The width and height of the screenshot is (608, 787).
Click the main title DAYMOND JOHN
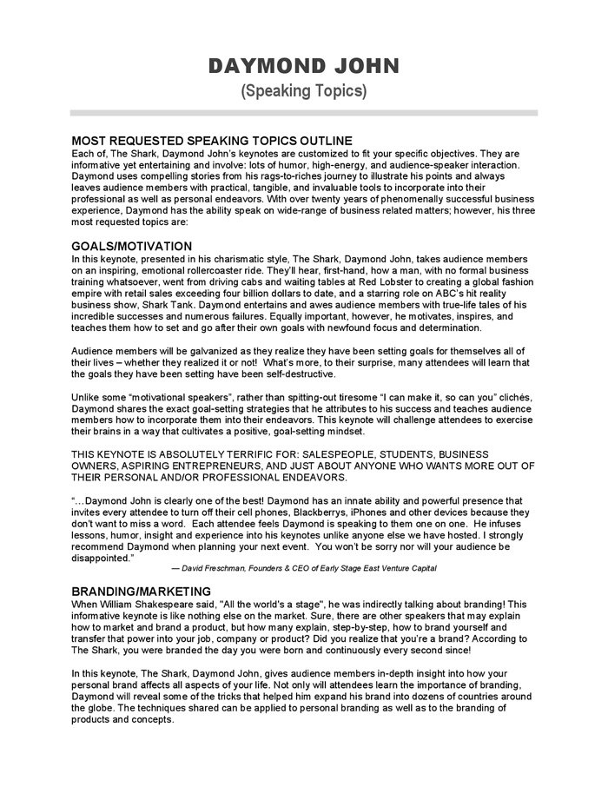pyautogui.click(x=303, y=66)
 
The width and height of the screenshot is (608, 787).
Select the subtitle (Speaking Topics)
pyautogui.click(x=303, y=90)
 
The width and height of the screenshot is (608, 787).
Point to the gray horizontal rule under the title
pyautogui.click(x=303, y=112)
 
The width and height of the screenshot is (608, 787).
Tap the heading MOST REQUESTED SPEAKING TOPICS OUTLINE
pyautogui.click(x=211, y=141)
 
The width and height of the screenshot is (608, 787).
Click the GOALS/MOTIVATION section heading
pyautogui.click(x=131, y=247)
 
